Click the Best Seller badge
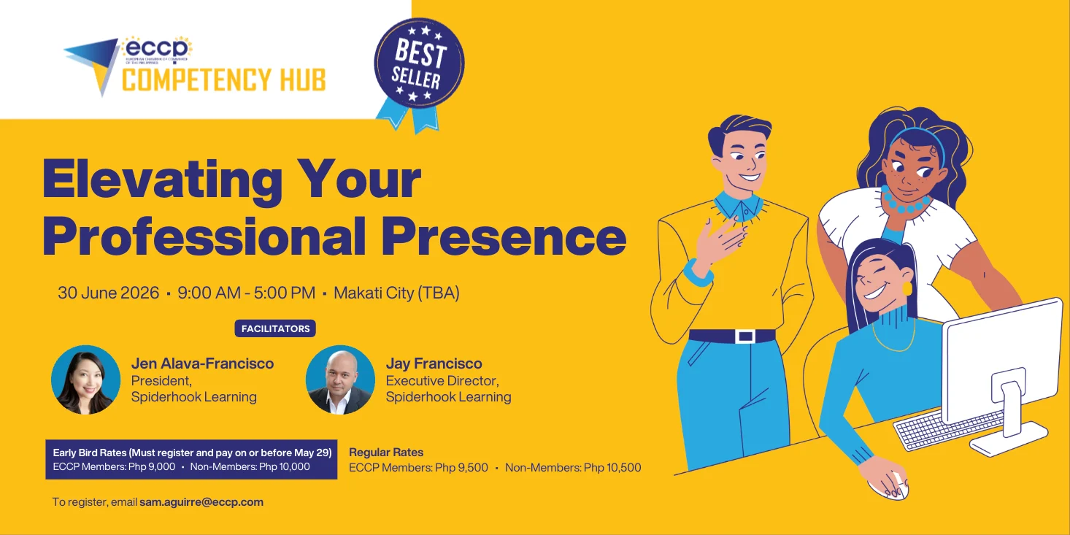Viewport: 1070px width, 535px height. point(419,66)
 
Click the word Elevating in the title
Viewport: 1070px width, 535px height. point(161,179)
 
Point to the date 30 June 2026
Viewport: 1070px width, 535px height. point(109,293)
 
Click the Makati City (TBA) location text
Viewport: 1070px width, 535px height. point(396,293)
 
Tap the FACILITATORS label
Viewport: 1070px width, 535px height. point(275,328)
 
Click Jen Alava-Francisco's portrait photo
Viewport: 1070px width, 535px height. point(86,380)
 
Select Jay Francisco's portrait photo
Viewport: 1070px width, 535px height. point(340,380)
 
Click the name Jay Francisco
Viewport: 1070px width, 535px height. point(434,363)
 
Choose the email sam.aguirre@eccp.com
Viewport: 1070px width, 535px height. point(201,502)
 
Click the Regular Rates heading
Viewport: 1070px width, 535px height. point(386,453)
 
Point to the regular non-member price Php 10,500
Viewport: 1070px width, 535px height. point(612,468)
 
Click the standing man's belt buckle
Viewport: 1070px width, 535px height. point(745,336)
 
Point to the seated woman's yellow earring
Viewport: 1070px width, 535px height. point(907,288)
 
